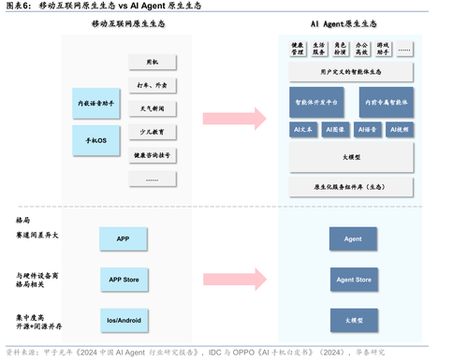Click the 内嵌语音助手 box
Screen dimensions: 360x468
point(95,104)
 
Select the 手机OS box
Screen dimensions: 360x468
point(95,140)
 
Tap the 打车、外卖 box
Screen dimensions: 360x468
point(152,85)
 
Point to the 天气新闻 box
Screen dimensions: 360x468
point(152,108)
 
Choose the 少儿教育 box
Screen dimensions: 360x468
point(152,132)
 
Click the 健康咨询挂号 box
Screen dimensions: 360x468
point(152,154)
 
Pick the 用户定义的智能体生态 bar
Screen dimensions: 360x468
point(351,71)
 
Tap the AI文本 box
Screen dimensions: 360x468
point(303,130)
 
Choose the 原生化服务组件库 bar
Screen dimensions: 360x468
point(351,186)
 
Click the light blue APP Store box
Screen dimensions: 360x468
point(123,279)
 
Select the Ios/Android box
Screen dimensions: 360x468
point(123,319)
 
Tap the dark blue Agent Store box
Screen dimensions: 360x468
point(353,279)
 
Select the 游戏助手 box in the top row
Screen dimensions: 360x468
point(384,49)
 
